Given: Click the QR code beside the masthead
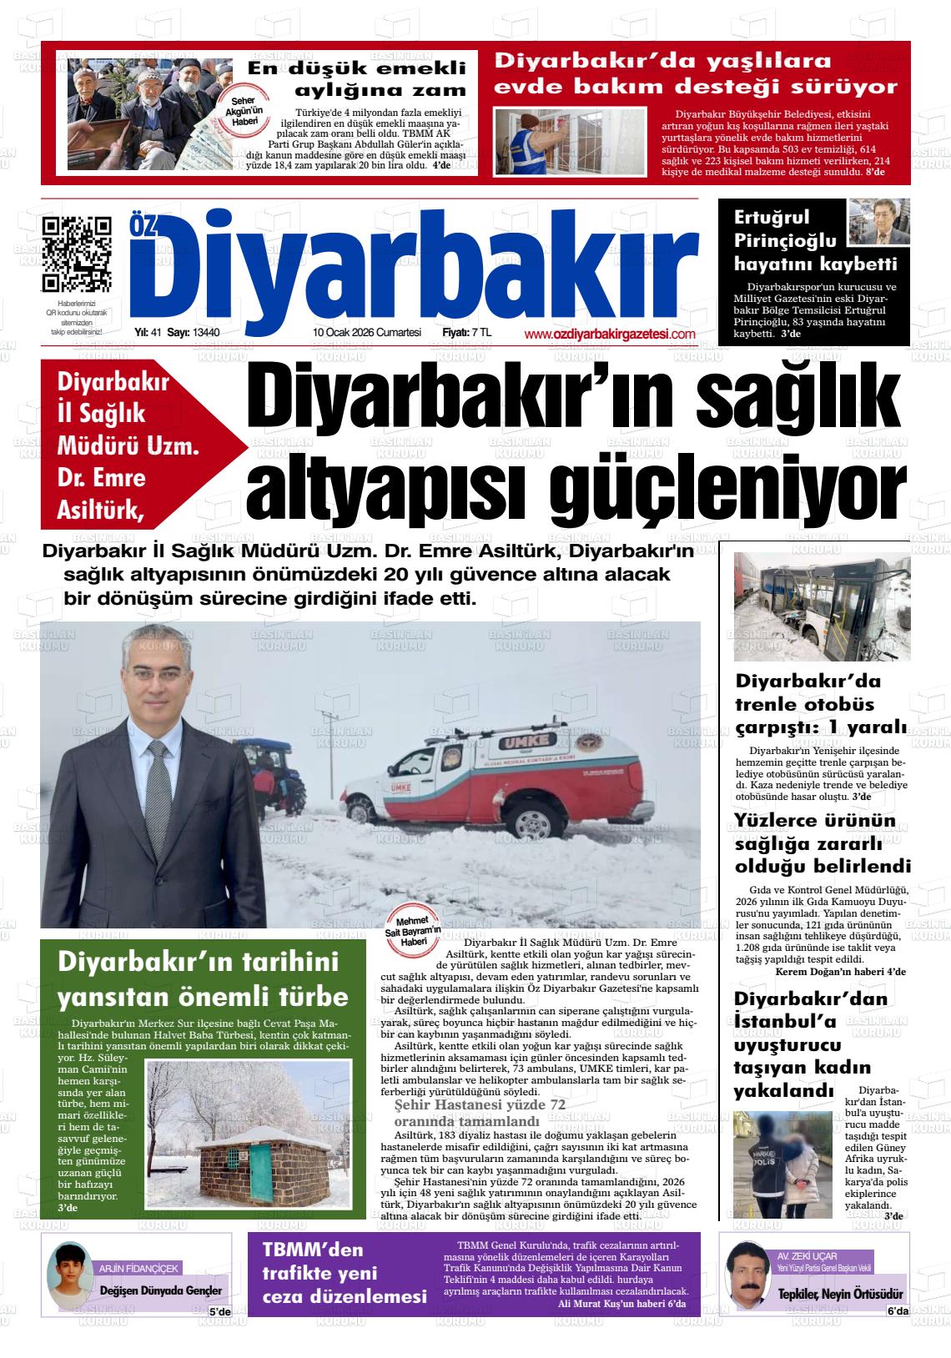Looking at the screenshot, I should click(77, 252).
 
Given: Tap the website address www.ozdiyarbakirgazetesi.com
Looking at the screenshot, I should click(610, 334).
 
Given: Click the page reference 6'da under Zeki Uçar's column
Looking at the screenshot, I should click(898, 1312).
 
